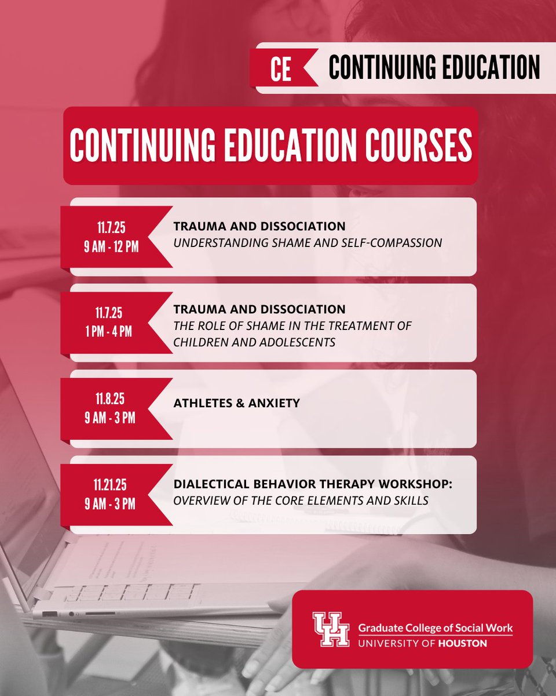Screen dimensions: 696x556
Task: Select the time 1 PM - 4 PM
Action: point(111,332)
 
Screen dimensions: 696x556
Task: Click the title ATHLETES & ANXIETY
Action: point(236,402)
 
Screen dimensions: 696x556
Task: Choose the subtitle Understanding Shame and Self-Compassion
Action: point(308,242)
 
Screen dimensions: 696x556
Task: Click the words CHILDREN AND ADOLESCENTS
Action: point(254,342)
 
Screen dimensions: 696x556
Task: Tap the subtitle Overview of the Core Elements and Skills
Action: point(301,499)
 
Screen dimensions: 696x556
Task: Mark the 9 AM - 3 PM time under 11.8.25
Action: point(111,417)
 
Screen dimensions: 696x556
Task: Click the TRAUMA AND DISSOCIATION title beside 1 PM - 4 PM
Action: point(259,310)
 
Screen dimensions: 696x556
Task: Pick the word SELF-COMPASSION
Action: point(396,242)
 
